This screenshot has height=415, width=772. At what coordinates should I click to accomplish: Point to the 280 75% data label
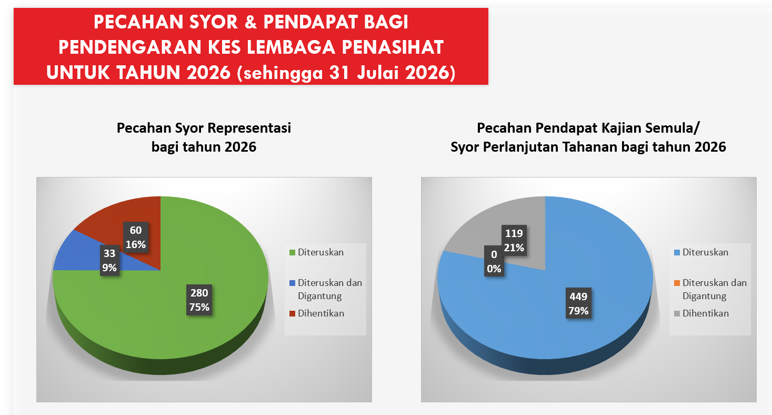tap(199, 300)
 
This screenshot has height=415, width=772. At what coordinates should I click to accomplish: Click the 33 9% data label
tap(109, 261)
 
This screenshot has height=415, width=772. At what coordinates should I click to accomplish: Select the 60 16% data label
tap(136, 237)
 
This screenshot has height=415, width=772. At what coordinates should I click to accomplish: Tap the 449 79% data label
tap(579, 303)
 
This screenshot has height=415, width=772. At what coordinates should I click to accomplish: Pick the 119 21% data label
tap(514, 241)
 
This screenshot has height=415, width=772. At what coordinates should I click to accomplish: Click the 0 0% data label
tap(494, 261)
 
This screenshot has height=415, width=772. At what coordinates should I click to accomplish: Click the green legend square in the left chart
tap(292, 252)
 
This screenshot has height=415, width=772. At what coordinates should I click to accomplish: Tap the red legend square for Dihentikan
tap(292, 313)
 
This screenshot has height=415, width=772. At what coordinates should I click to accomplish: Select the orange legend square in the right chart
tap(677, 283)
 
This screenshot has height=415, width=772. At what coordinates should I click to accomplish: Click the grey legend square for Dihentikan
tap(677, 313)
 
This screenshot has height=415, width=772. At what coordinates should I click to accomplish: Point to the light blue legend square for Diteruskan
tap(677, 252)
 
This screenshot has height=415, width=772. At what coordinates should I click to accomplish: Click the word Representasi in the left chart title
tap(249, 129)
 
